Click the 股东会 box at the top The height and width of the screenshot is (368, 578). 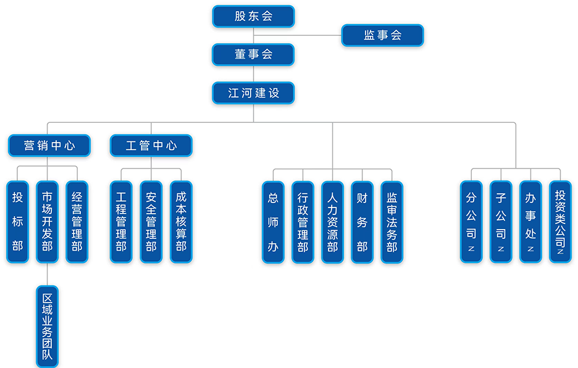click(x=253, y=17)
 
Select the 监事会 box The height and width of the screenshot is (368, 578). click(x=383, y=35)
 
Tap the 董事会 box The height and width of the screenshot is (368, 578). click(x=253, y=54)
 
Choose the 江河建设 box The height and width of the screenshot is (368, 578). click(x=253, y=93)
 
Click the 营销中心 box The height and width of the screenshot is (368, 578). click(x=49, y=146)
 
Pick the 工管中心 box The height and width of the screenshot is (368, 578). click(x=151, y=146)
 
